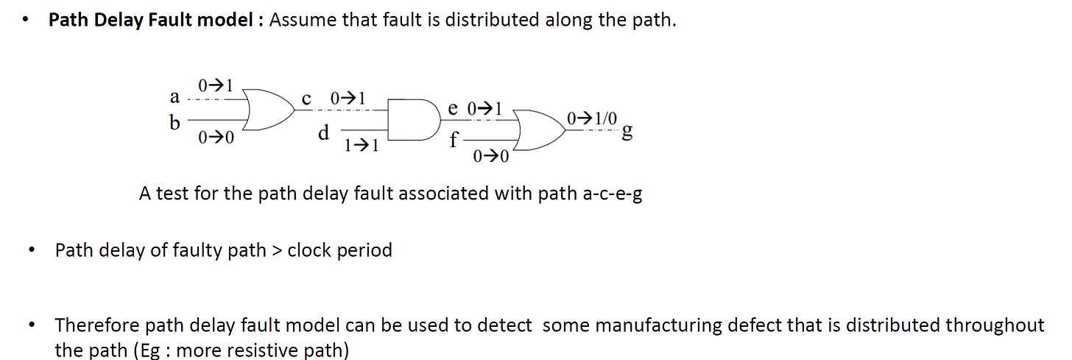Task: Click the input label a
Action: click(x=174, y=97)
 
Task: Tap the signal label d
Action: click(x=322, y=133)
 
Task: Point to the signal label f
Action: click(x=454, y=138)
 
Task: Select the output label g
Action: click(x=627, y=132)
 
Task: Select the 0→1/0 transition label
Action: click(x=593, y=119)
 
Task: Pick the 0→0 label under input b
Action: click(x=216, y=137)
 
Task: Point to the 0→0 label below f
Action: click(x=491, y=156)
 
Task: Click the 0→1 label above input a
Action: click(x=216, y=86)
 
